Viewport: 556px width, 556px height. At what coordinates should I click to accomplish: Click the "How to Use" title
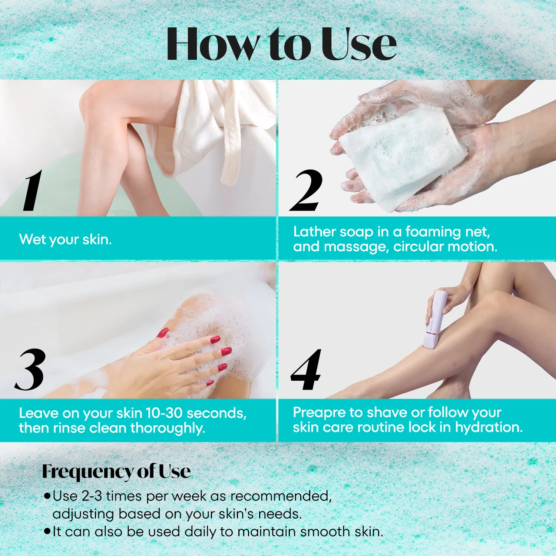pyautogui.click(x=282, y=44)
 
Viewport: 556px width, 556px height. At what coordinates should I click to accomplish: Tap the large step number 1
pyautogui.click(x=33, y=191)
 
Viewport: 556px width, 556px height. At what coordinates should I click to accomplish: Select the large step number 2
pyautogui.click(x=307, y=191)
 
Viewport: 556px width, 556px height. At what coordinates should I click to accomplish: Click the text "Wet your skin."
pyautogui.click(x=65, y=239)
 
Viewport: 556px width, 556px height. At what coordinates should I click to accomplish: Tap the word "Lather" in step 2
pyautogui.click(x=315, y=232)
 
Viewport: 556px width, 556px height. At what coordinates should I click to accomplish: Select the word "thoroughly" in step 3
pyautogui.click(x=168, y=428)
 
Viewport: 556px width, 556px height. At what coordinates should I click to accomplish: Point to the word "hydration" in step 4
pyautogui.click(x=489, y=427)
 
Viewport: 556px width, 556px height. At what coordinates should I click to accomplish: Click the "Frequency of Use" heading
pyautogui.click(x=116, y=471)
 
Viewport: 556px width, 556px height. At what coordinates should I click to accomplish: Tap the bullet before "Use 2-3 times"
pyautogui.click(x=47, y=496)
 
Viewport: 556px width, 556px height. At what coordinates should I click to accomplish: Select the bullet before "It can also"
pyautogui.click(x=47, y=531)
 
